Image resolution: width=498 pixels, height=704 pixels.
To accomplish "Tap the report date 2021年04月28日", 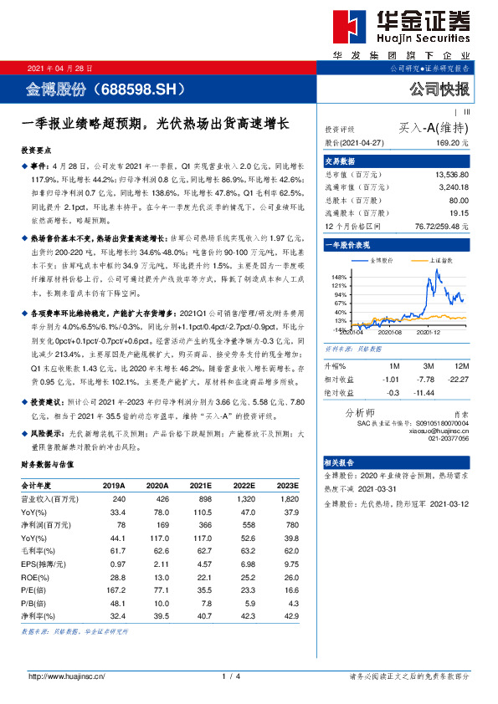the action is (x=60, y=68).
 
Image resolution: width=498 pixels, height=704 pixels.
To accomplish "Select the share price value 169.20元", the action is (x=453, y=143).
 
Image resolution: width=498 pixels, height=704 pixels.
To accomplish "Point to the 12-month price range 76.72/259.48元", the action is (x=440, y=227).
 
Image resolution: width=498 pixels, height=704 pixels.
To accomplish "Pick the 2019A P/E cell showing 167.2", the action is (x=114, y=589).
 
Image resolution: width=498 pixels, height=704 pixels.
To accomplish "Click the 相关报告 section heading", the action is (x=341, y=462).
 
